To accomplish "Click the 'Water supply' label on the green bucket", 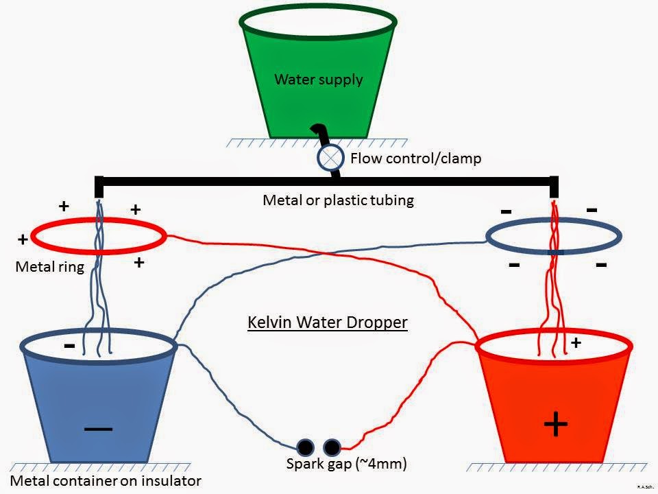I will [x=319, y=80].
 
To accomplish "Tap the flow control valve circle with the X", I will [x=330, y=158].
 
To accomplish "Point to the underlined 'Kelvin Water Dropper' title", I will [x=327, y=322].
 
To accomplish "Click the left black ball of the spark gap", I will [x=306, y=448].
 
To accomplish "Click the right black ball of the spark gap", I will [x=332, y=448].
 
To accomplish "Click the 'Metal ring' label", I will [x=49, y=267].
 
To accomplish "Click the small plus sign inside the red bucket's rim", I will [x=576, y=343].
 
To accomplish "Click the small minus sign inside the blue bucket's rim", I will [x=69, y=345].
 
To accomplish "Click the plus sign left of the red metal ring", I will [x=23, y=239].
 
